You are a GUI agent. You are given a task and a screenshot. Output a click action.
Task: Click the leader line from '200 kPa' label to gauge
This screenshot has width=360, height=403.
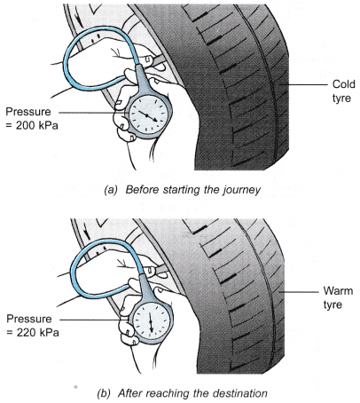pyautogui.click(x=93, y=113)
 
